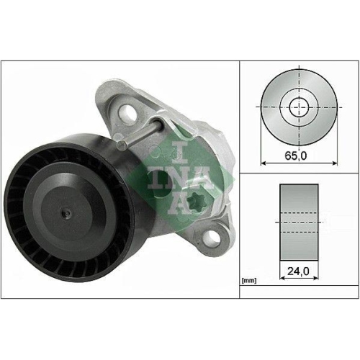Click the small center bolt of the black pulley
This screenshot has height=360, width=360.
point(67,212)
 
